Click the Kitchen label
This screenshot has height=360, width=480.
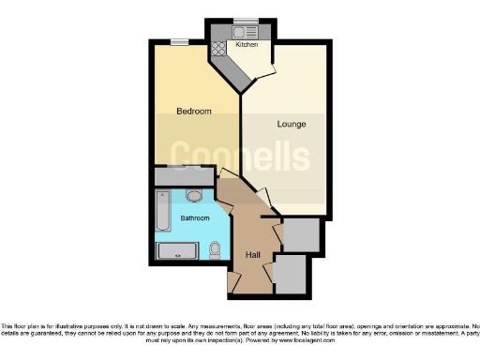click(247, 45)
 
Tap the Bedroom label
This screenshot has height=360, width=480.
click(194, 112)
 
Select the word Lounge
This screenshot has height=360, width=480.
click(291, 124)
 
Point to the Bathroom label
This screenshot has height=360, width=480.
click(196, 218)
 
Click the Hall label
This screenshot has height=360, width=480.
click(252, 255)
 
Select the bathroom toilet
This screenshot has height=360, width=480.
click(216, 248)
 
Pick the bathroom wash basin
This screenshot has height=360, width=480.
click(194, 195)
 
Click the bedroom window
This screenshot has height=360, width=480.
click(178, 40)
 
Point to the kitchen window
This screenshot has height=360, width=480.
click(246, 20)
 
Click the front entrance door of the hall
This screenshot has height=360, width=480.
click(233, 280)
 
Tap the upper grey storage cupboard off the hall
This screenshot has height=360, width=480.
click(300, 234)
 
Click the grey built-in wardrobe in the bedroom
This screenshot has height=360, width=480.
click(184, 175)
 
